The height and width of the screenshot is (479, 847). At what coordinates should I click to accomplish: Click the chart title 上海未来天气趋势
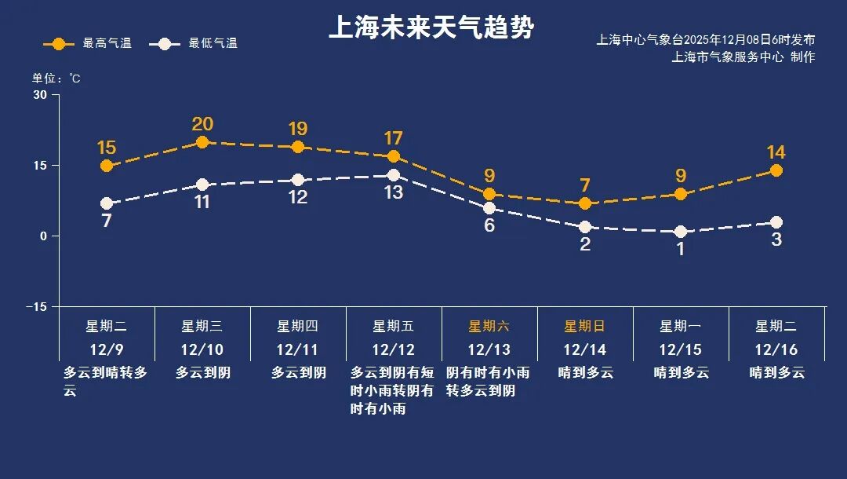[x=431, y=28]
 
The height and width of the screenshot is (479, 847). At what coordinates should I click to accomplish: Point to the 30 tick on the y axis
[x=40, y=95]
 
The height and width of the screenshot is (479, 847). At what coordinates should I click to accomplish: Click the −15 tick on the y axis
[x=36, y=306]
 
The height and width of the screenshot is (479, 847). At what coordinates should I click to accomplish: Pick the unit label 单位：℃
[x=56, y=79]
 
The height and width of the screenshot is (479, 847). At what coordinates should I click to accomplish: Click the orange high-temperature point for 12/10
[x=202, y=142]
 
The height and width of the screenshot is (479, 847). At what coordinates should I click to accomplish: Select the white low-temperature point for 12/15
[x=681, y=232]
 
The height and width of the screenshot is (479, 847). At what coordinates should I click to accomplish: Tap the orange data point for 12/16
[x=776, y=170]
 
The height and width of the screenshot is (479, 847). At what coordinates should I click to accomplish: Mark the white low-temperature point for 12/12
[x=394, y=175]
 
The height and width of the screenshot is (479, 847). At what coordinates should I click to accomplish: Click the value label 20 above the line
[x=202, y=124]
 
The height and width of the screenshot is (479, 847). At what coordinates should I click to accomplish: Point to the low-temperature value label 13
[x=394, y=192]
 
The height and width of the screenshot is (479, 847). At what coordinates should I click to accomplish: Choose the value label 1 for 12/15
[x=681, y=250]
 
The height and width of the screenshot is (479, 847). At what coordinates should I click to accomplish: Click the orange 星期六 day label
[x=489, y=326]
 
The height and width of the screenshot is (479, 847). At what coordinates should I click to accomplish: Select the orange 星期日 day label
[x=584, y=326]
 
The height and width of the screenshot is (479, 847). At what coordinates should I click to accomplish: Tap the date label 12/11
[x=297, y=349]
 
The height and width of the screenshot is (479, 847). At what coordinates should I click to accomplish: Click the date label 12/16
[x=776, y=349]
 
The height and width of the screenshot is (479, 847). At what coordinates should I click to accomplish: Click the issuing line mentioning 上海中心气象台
[x=705, y=39]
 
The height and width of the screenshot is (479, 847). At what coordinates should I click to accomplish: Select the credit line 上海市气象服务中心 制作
[x=743, y=57]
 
